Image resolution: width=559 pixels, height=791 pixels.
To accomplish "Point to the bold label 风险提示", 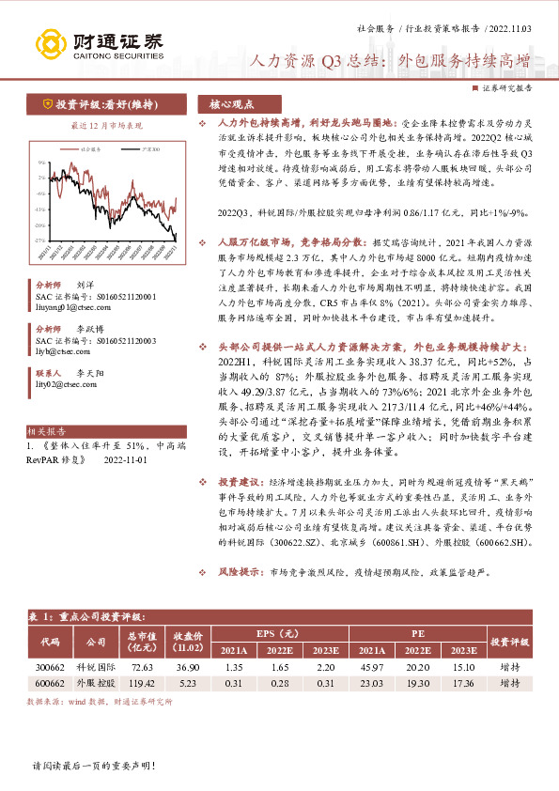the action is click(238, 570).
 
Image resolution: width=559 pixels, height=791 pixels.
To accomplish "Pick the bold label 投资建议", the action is click(238, 479).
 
